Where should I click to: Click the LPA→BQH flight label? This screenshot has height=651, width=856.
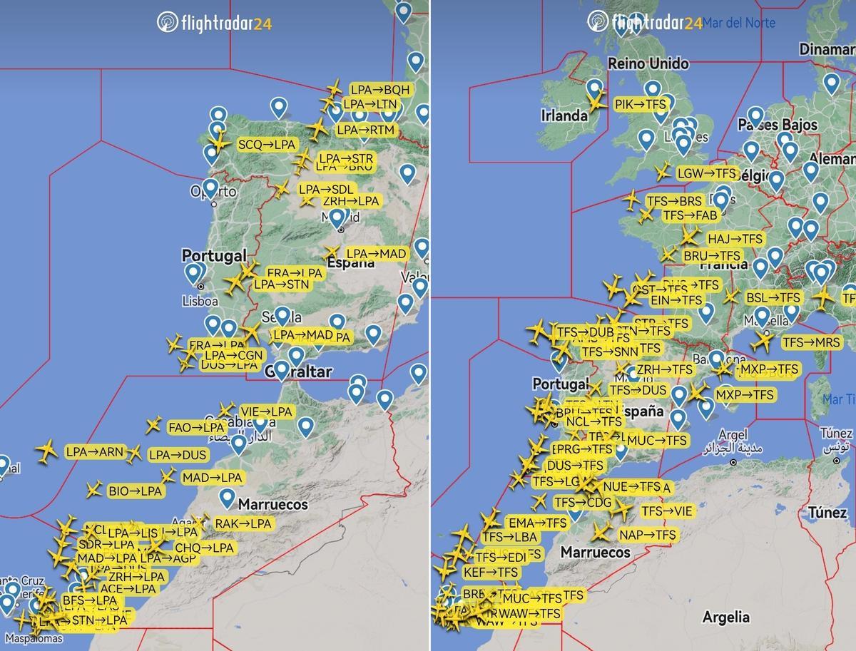pyautogui.click(x=380, y=90)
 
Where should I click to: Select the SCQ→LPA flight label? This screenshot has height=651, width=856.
pyautogui.click(x=266, y=144)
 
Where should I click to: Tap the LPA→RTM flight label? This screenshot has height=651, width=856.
pyautogui.click(x=365, y=130)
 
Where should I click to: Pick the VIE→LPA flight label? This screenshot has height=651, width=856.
pyautogui.click(x=266, y=411)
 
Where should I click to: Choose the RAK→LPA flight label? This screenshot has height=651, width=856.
pyautogui.click(x=243, y=523)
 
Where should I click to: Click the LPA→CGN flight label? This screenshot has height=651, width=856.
pyautogui.click(x=234, y=354)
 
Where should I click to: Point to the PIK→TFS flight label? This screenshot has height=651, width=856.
pyautogui.click(x=640, y=104)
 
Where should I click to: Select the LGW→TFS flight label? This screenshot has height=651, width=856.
pyautogui.click(x=705, y=173)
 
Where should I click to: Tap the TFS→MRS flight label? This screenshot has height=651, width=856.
pyautogui.click(x=811, y=342)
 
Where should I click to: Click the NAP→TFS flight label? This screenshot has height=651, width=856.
pyautogui.click(x=647, y=535)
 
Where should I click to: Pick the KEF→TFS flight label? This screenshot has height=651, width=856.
pyautogui.click(x=490, y=572)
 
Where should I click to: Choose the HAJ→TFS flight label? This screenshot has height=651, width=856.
pyautogui.click(x=735, y=238)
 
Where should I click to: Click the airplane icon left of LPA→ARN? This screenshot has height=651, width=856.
pyautogui.click(x=47, y=451)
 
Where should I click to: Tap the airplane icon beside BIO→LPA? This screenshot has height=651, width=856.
pyautogui.click(x=93, y=490)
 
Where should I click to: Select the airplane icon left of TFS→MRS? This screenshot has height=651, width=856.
pyautogui.click(x=762, y=343)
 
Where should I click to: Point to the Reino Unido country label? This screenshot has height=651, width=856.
pyautogui.click(x=648, y=64)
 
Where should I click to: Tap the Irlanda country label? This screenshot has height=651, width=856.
pyautogui.click(x=564, y=116)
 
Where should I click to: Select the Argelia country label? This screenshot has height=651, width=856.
pyautogui.click(x=725, y=617)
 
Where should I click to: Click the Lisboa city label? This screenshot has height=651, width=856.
pyautogui.click(x=200, y=301)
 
